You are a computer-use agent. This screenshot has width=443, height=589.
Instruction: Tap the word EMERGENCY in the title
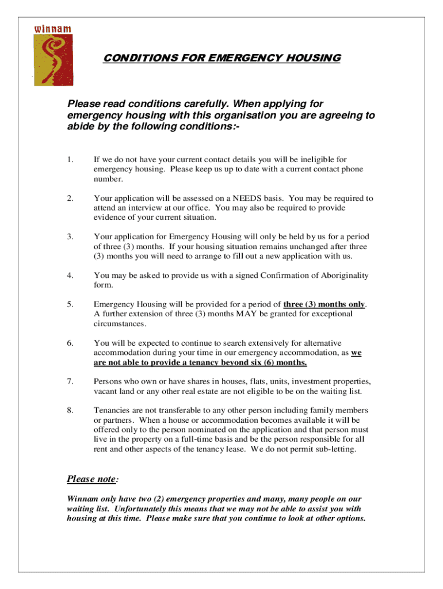(237, 58)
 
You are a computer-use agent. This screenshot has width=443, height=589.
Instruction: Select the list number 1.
(70, 159)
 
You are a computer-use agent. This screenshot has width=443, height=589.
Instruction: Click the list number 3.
(70, 237)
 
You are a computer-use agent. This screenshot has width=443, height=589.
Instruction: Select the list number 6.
(70, 343)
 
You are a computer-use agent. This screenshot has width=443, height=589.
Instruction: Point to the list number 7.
(70, 382)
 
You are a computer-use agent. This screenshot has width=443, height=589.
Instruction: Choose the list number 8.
(70, 411)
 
